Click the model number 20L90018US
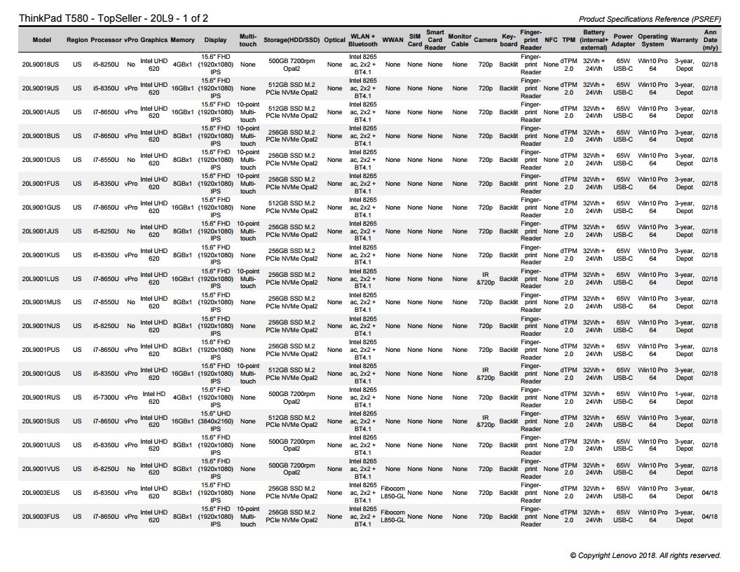pos(41,64)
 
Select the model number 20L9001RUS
pos(41,397)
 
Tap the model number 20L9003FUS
pos(41,517)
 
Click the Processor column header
pos(106,40)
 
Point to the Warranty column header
pos(684,40)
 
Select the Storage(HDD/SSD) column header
pos(292,40)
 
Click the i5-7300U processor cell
pos(106,397)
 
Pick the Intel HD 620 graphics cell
pos(153,397)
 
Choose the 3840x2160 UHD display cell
pos(215,421)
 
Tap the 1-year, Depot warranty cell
pos(684,397)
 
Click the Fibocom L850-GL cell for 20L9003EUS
pos(392,493)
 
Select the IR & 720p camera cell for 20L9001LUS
pos(485,278)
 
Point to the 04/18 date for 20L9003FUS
pos(709,517)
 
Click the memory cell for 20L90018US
pos(183,64)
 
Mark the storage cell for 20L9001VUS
pos(292,469)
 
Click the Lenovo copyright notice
pos(645,555)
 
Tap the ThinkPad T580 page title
pos(113,18)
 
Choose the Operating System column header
pos(652,40)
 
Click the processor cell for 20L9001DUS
pos(106,160)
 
